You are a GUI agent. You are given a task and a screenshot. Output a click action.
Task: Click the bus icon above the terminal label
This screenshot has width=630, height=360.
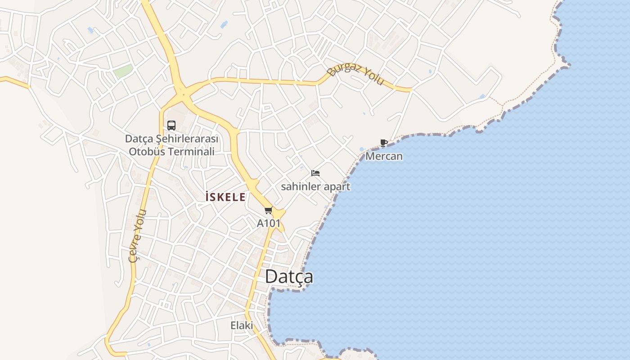[x=171, y=126]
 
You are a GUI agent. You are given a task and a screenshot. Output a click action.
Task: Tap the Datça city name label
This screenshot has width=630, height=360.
[x=289, y=276]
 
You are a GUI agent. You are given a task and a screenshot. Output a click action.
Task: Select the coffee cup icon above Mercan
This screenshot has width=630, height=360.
[x=383, y=143]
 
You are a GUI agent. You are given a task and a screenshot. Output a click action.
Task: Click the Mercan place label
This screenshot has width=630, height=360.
[x=384, y=156]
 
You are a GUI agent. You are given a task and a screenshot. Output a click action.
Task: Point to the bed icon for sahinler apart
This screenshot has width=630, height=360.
[x=315, y=173]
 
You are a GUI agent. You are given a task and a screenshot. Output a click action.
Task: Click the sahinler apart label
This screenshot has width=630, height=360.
[x=315, y=186]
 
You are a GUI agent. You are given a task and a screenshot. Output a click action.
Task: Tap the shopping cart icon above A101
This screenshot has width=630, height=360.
[x=269, y=210]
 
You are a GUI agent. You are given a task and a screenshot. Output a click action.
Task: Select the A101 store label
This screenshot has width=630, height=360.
[x=269, y=223]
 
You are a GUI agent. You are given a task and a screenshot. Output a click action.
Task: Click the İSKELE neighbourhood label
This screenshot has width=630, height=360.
[x=225, y=197]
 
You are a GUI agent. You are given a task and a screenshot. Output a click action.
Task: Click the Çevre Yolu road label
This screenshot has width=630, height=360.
[x=137, y=235]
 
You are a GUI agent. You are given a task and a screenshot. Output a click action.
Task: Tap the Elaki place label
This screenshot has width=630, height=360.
[x=242, y=325]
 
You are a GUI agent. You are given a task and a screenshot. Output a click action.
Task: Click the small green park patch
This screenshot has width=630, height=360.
[x=123, y=71]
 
